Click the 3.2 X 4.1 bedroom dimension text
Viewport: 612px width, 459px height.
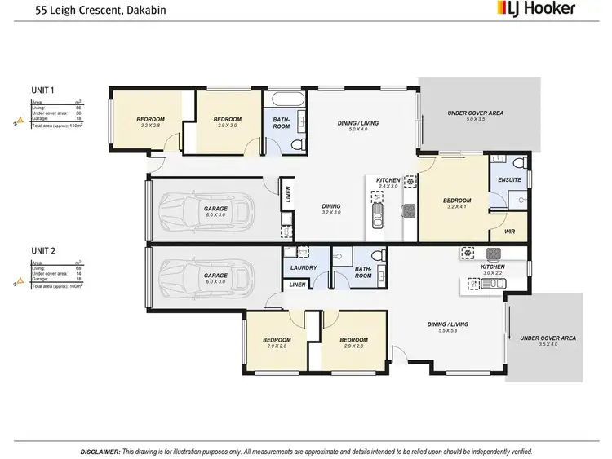pos(457,208)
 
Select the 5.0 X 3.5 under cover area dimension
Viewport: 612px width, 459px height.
pos(476,119)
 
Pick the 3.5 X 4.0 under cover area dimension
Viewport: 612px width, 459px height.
pos(548,345)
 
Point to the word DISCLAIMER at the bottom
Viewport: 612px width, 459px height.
pos(100,451)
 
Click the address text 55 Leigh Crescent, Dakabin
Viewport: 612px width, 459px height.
pos(79,10)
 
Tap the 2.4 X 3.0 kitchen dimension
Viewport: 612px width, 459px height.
pos(388,186)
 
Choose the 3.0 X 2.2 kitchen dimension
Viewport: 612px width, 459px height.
pos(493,274)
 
